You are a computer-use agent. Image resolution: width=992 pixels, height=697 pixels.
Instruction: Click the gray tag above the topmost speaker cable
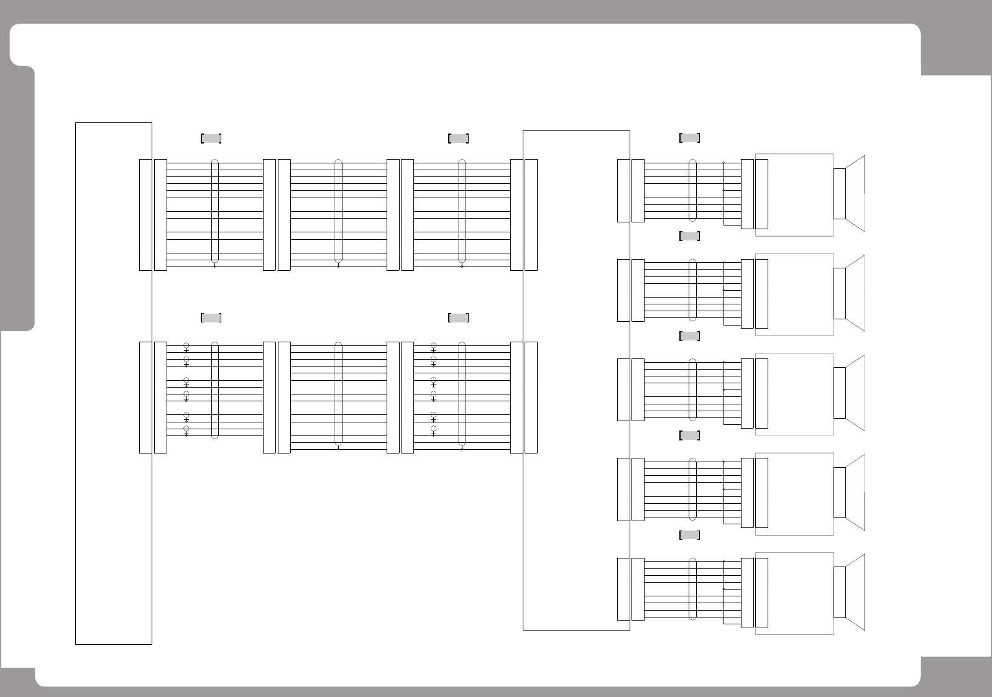pos(689,138)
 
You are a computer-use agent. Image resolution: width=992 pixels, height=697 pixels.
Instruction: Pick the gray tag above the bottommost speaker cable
pos(689,535)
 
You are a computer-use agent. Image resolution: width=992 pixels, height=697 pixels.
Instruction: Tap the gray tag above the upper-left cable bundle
pos(211,139)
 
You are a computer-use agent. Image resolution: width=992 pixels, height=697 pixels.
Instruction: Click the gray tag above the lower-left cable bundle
pos(211,318)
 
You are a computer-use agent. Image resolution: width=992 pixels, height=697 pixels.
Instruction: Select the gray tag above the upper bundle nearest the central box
pos(459,139)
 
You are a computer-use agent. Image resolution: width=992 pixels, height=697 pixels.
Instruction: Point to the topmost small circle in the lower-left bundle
pos(186,345)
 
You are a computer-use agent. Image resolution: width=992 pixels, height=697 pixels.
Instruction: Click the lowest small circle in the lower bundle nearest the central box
pos(433,429)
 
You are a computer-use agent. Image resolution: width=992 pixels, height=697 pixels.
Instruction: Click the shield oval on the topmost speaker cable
pos(692,190)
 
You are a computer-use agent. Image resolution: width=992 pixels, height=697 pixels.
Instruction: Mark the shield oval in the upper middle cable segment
pos(338,211)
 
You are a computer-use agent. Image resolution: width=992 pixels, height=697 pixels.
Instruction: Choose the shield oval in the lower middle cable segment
pos(338,394)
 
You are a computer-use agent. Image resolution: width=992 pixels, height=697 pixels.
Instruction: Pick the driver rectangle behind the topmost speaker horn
pos(839,193)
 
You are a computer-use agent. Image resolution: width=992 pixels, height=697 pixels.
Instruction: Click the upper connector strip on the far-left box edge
pos(145,215)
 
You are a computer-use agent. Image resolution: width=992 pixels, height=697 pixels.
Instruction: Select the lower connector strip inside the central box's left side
pos(531,398)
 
